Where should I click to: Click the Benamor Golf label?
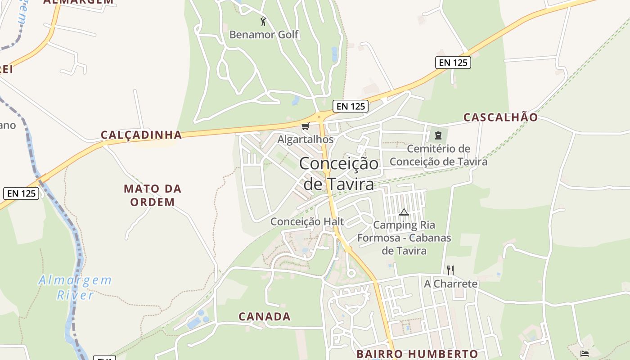pyautogui.click(x=264, y=34)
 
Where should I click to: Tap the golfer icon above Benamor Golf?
pyautogui.click(x=264, y=21)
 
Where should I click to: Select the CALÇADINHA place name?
pyautogui.click(x=141, y=135)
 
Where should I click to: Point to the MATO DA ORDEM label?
pyautogui.click(x=153, y=195)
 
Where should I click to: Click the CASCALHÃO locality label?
pyautogui.click(x=500, y=117)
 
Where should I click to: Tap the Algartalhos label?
pyautogui.click(x=306, y=139)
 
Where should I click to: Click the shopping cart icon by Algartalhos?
pyautogui.click(x=306, y=126)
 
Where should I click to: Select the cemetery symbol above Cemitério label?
pyautogui.click(x=438, y=135)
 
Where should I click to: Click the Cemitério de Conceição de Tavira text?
pyautogui.click(x=438, y=155)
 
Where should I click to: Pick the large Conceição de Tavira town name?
pyautogui.click(x=339, y=173)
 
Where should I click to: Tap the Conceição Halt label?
pyautogui.click(x=307, y=221)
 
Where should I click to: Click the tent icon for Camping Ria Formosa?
pyautogui.click(x=404, y=212)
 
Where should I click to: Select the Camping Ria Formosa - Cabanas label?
pyautogui.click(x=404, y=238)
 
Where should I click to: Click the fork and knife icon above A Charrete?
pyautogui.click(x=450, y=270)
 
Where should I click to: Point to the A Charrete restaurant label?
pyautogui.click(x=450, y=283)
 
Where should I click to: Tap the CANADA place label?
pyautogui.click(x=265, y=316)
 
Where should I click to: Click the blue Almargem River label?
pyautogui.click(x=75, y=288)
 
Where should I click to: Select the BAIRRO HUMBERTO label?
pyautogui.click(x=417, y=354)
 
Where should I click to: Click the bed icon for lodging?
pyautogui.click(x=584, y=353)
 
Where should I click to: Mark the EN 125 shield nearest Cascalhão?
pyautogui.click(x=453, y=63)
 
